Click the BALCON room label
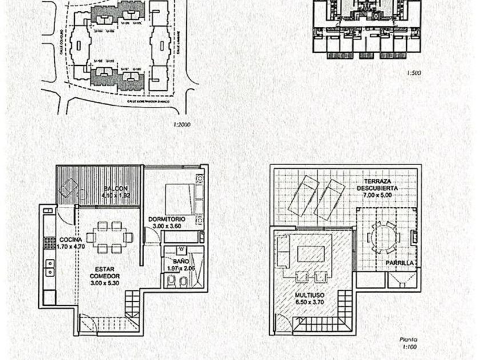[116, 189]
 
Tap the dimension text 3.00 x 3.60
[166, 226]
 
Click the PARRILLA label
[399, 263]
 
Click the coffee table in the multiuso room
[311, 254]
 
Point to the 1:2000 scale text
[181, 124]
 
